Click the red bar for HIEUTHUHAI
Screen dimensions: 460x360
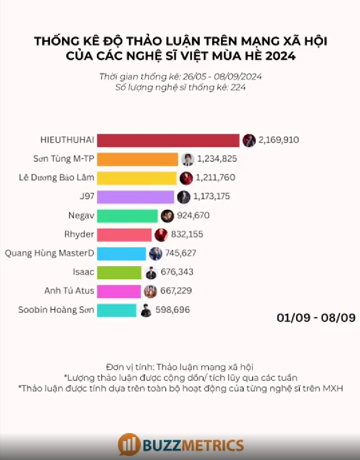[168, 140]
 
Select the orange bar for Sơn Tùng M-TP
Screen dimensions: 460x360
[138, 159]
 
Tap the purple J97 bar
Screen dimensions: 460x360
[135, 197]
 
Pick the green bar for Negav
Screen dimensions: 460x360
[127, 216]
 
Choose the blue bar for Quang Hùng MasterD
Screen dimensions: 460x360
[121, 253]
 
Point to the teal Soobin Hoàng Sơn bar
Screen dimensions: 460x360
[116, 310]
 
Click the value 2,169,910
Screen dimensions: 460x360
[278, 140]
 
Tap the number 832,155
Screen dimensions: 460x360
[188, 234]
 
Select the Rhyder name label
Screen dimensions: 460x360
[79, 234]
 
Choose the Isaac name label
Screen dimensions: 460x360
[83, 272]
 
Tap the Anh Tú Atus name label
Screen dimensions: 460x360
[69, 291]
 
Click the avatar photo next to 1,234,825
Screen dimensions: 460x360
[188, 159]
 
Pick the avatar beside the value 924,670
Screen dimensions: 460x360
[167, 216]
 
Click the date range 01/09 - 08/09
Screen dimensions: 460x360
[316, 318]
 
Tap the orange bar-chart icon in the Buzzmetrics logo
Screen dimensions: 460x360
[128, 445]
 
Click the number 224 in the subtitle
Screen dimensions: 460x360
[238, 87]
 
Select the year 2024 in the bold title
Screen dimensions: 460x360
[279, 57]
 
